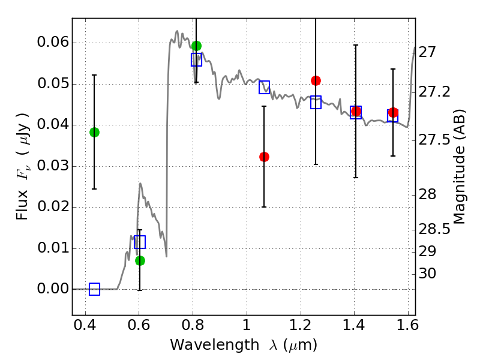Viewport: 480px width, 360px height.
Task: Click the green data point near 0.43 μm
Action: tap(94, 132)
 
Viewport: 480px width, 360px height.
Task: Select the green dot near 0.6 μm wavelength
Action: tap(140, 261)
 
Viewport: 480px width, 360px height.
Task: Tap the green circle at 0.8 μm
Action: tap(197, 46)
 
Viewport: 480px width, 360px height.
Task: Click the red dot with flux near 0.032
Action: tap(264, 157)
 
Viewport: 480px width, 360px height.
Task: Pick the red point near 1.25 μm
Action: tap(316, 81)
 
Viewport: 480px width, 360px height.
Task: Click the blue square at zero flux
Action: tap(94, 289)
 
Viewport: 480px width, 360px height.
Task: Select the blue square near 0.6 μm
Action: tap(140, 242)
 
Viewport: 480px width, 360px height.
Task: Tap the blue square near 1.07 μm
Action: tap(264, 87)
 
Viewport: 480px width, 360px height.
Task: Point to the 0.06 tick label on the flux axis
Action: tap(53, 42)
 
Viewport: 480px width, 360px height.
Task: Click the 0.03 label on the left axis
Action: tap(53, 166)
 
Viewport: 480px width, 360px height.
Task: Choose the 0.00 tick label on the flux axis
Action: tap(53, 289)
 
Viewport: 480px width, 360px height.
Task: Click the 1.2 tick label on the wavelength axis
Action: tap(301, 325)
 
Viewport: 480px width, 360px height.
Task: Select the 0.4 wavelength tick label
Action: tap(85, 325)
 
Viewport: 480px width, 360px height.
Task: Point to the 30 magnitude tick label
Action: tap(427, 274)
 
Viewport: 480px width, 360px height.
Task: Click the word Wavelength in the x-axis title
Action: tap(215, 345)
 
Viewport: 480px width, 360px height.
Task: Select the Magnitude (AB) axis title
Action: tap(459, 167)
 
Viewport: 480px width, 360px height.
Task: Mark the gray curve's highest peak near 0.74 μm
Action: tap(177, 31)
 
